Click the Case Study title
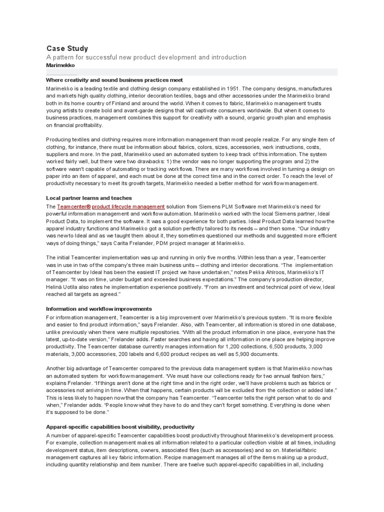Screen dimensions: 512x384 click(67, 48)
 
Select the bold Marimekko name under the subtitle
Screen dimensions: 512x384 click(60, 65)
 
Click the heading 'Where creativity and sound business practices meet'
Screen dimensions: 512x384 click(114, 80)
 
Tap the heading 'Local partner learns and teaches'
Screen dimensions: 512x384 click(89, 198)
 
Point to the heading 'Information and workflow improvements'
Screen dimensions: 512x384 click(99, 309)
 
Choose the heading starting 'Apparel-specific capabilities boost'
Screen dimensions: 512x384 click(120, 427)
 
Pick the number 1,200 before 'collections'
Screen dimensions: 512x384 click(234, 346)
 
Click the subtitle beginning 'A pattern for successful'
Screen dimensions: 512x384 click(146, 57)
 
